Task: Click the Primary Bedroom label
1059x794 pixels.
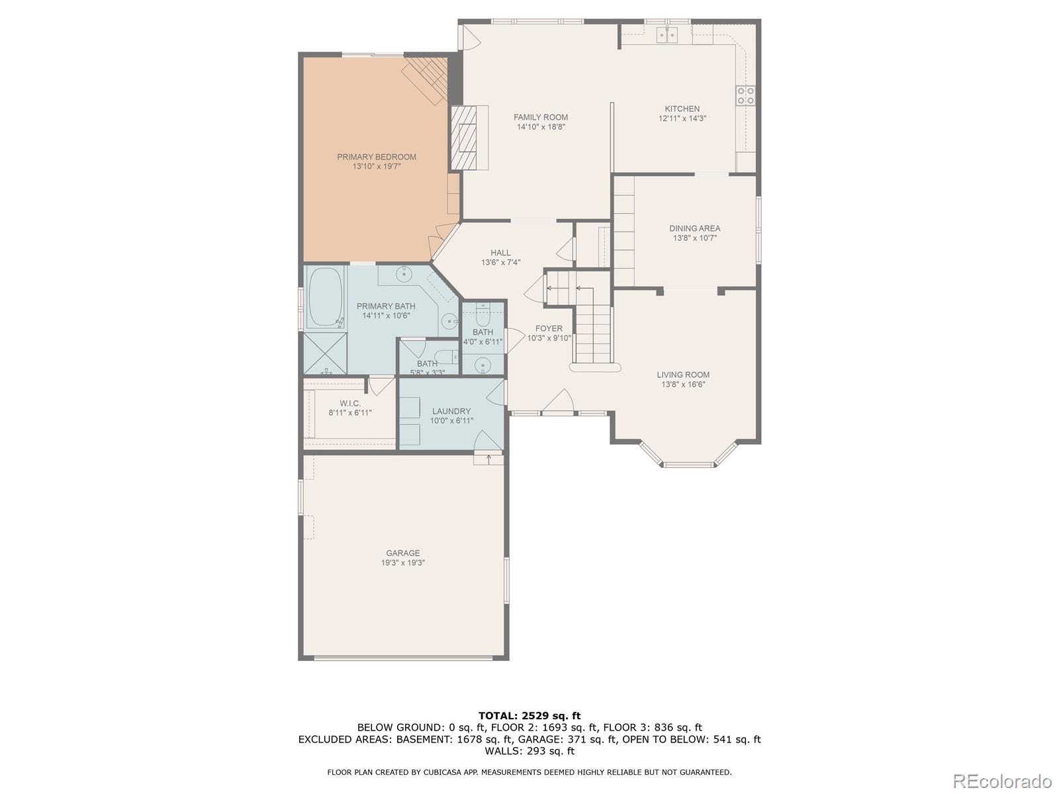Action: pos(377,157)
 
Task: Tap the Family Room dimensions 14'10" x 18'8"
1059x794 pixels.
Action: pos(540,127)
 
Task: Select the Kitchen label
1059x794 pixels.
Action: pos(682,109)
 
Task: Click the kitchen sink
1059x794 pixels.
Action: pos(668,34)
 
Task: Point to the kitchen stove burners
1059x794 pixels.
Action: pos(745,95)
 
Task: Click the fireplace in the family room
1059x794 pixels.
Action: pos(464,138)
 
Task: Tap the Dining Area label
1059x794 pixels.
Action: pos(694,228)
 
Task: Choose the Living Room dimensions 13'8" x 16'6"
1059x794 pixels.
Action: pos(683,384)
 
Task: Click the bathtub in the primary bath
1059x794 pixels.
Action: pos(324,298)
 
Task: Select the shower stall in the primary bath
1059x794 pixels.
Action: pos(325,353)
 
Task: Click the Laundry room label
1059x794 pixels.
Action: pos(451,411)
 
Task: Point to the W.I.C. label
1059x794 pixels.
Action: pos(349,403)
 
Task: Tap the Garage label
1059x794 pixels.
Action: pos(403,553)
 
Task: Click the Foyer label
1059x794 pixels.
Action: pos(549,328)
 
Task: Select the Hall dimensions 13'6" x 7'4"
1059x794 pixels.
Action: pos(501,262)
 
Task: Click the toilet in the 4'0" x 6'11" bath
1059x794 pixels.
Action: pos(483,316)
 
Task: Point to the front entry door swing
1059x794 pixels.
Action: pos(558,402)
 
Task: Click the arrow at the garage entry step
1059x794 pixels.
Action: pos(488,459)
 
